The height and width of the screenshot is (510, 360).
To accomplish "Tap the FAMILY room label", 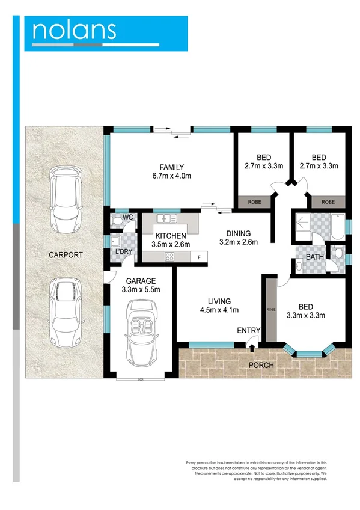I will tap(171, 167).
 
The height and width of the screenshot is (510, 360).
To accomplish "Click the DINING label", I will tap(238, 234).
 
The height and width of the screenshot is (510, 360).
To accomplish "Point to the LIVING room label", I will tap(219, 301).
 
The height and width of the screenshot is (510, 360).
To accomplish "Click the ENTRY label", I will tap(248, 331).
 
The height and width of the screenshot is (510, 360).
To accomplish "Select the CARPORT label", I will tap(66, 255).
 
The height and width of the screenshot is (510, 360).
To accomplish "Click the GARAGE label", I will tap(141, 281).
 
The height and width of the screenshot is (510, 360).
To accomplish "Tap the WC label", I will tap(127, 217).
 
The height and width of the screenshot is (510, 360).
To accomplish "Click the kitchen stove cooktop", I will tap(169, 257).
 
